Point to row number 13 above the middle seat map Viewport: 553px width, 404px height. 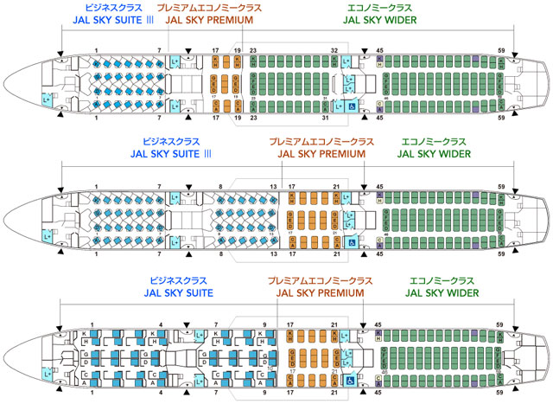click(273, 187)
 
